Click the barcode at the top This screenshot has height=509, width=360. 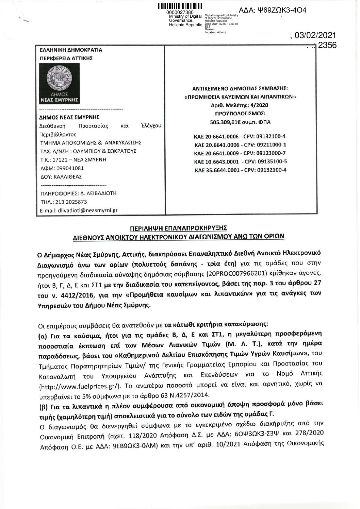pos(180,6)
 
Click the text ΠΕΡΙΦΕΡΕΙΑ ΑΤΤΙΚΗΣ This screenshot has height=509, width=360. pos(66,58)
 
